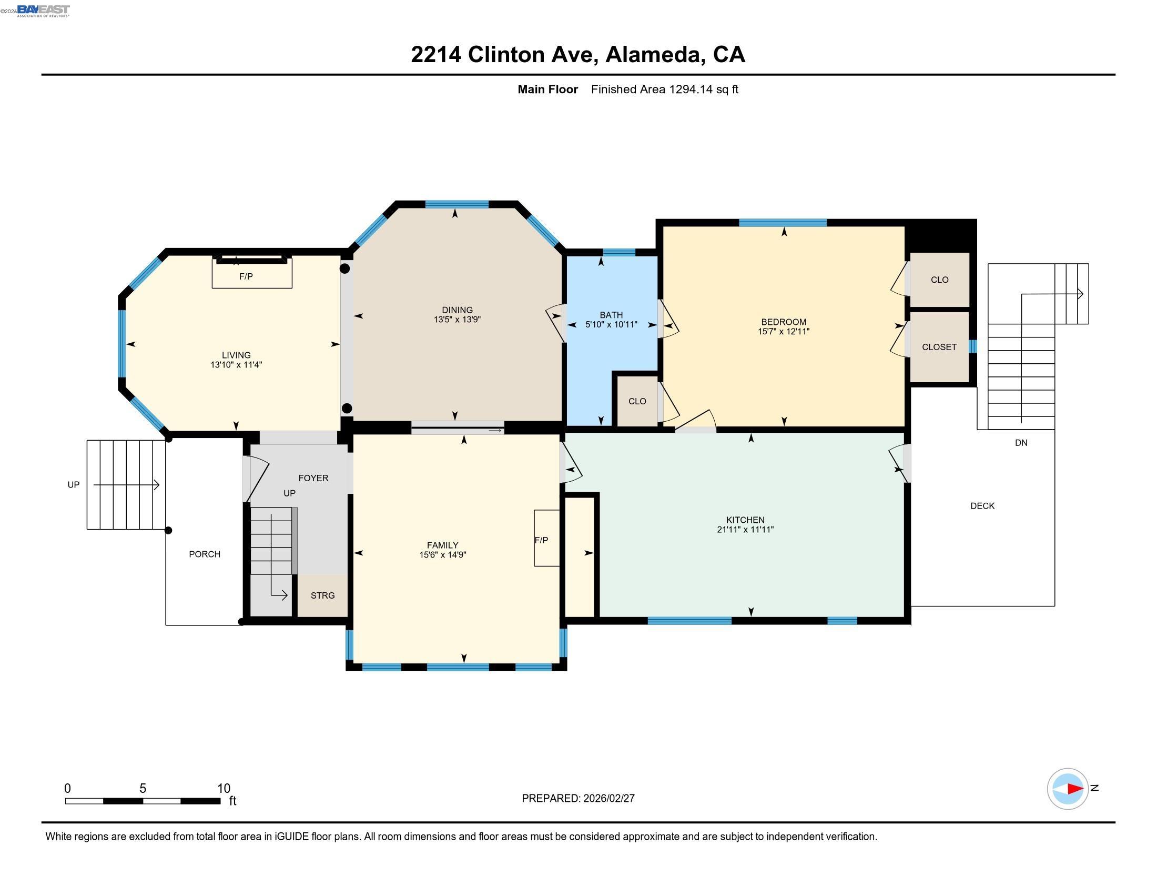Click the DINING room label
point(457,310)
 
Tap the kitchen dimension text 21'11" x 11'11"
point(745,529)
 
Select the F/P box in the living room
point(251,274)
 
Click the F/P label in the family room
point(541,540)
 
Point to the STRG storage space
point(322,595)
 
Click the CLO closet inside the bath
point(637,401)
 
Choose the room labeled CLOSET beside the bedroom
point(939,347)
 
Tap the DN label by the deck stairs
point(1021,443)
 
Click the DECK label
point(982,506)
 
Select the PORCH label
point(205,554)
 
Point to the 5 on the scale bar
point(143,788)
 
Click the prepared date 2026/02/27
point(608,798)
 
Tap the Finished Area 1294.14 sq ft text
point(664,89)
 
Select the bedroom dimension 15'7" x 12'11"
point(783,331)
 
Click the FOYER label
point(313,478)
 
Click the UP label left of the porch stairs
point(73,484)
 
